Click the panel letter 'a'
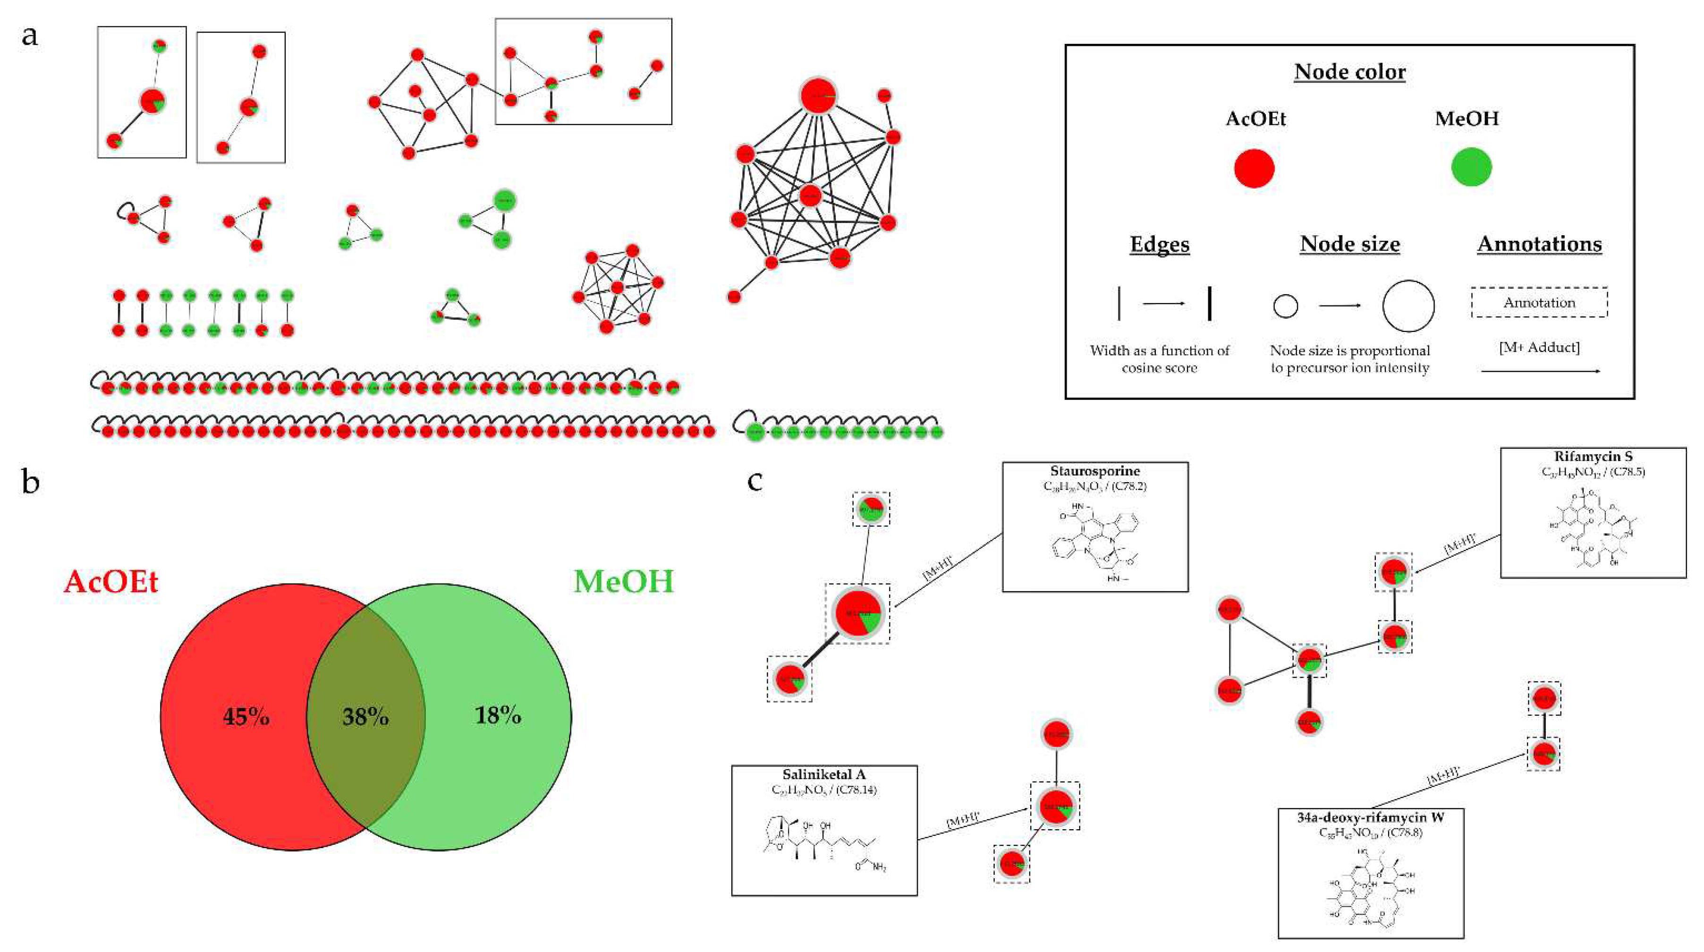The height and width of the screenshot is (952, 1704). [x=30, y=36]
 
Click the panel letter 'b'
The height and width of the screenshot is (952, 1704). [x=30, y=482]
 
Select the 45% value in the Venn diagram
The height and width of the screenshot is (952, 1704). [x=246, y=716]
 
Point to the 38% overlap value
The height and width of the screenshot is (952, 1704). [x=365, y=716]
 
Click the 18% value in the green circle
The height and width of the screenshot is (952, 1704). [x=498, y=715]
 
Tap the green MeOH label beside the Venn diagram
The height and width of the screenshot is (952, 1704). [x=623, y=581]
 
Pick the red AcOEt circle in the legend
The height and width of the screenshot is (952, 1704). [x=1254, y=168]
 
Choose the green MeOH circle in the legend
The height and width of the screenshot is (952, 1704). [x=1471, y=167]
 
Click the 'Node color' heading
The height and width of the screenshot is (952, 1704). [x=1349, y=71]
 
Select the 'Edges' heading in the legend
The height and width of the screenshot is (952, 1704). [x=1159, y=244]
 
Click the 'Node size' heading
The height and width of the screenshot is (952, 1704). [x=1349, y=244]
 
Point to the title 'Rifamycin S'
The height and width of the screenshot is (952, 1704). [x=1592, y=457]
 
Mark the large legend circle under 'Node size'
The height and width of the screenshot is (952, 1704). [x=1407, y=306]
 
